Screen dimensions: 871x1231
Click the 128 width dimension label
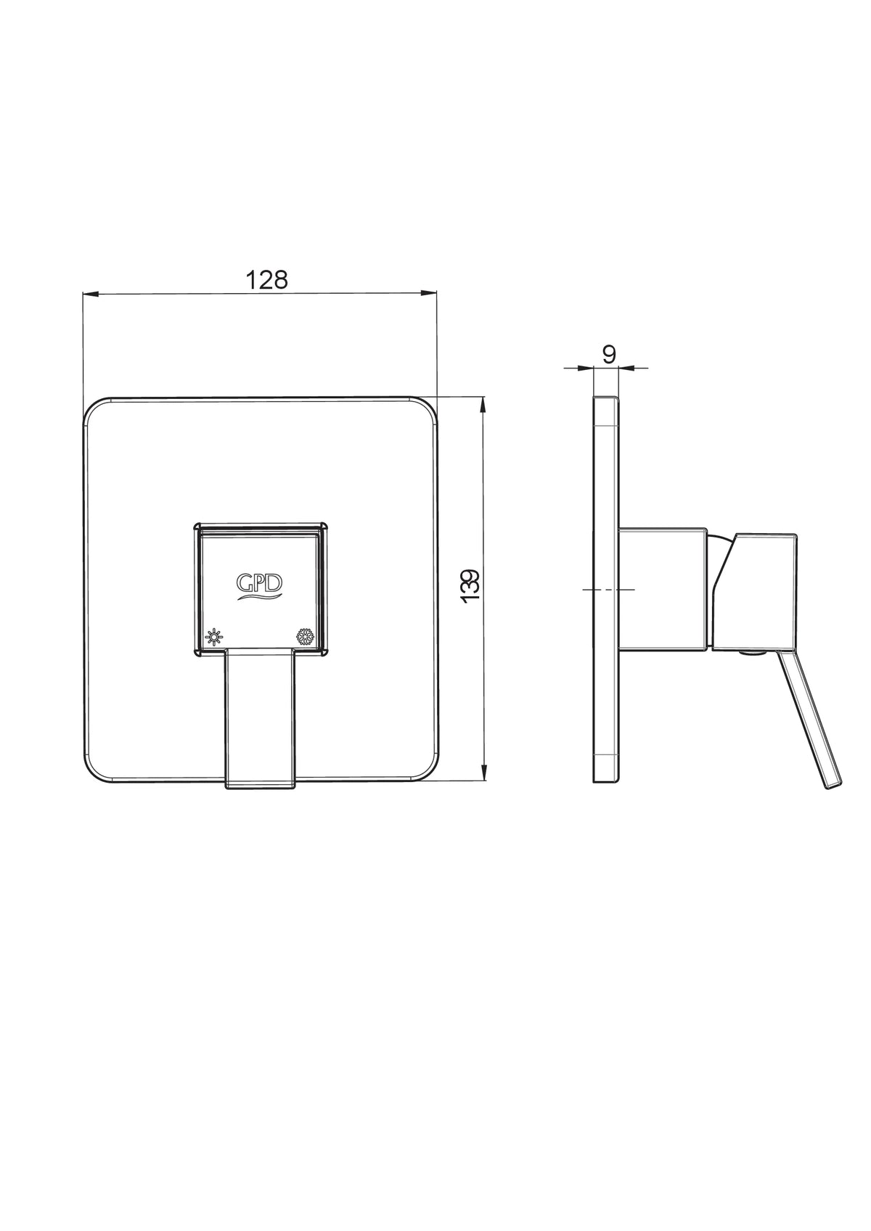266,280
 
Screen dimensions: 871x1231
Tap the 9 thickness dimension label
609,355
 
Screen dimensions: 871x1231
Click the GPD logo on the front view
260,586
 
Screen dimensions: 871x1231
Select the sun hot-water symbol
214,638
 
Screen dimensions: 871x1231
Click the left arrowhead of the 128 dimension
90,295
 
